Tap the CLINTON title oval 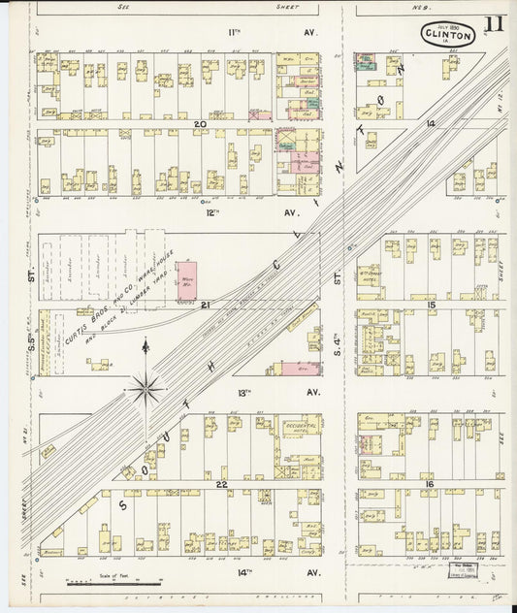447,34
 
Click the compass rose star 145,390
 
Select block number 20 200,124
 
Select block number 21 206,305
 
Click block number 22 222,483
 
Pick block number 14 430,124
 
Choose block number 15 431,306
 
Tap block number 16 430,483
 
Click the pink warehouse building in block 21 187,275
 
